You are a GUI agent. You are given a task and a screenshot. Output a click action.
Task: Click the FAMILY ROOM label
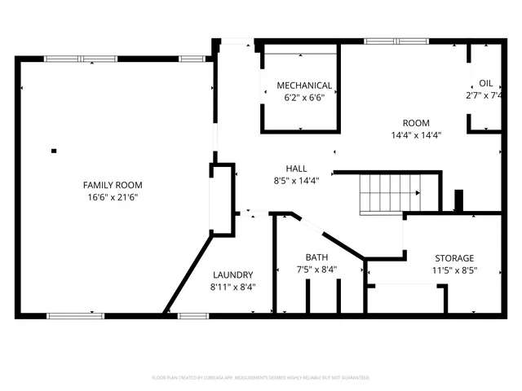click(x=113, y=185)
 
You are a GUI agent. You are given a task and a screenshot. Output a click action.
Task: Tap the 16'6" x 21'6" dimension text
click(x=113, y=197)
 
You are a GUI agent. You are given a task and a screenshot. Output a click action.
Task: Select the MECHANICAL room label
click(x=304, y=86)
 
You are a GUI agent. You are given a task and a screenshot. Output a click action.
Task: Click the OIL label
click(x=485, y=83)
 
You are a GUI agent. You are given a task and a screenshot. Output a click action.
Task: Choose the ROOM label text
click(x=416, y=123)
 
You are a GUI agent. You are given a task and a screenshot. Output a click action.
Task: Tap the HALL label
click(x=296, y=169)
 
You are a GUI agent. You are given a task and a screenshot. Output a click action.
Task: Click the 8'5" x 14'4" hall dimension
click(x=296, y=181)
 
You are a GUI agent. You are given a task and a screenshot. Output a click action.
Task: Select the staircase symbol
click(x=390, y=194)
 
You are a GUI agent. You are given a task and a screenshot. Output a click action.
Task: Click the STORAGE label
click(x=453, y=258)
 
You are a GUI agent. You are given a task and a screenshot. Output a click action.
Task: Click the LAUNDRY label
click(x=232, y=275)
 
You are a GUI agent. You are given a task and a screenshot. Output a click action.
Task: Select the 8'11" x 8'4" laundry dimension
click(x=232, y=287)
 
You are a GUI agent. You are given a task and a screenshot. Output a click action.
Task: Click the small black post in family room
click(x=54, y=150)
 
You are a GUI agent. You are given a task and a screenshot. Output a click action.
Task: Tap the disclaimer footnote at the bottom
click(x=261, y=378)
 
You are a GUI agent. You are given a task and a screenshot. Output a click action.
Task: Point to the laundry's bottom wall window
click(x=193, y=315)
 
